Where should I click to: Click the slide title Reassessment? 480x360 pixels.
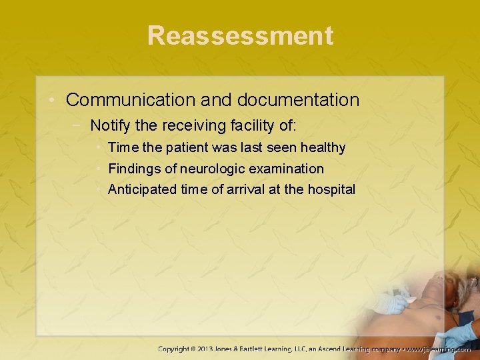(x=240, y=35)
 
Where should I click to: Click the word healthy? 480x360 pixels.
(x=323, y=147)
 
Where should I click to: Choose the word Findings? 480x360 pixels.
(x=134, y=169)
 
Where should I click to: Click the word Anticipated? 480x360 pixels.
(x=142, y=189)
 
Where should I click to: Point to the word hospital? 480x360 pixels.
(x=331, y=189)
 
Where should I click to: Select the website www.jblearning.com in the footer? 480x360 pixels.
(x=440, y=349)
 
